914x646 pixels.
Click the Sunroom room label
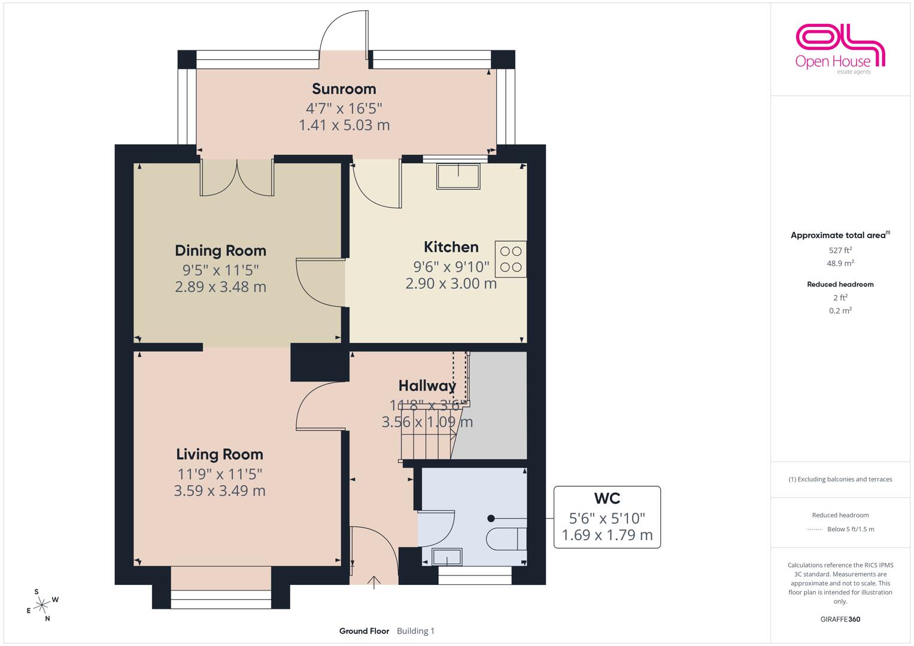(x=344, y=89)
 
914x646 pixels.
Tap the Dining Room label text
(x=220, y=251)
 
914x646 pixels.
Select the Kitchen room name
(x=451, y=246)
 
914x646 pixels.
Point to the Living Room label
(x=220, y=455)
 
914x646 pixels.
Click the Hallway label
(x=427, y=386)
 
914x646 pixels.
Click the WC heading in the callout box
(x=607, y=498)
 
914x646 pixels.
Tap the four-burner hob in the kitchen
(x=511, y=260)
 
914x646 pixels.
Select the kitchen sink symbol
(x=458, y=176)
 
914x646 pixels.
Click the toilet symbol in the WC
(x=506, y=539)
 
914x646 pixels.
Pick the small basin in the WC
(x=447, y=557)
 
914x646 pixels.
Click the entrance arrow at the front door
(x=374, y=583)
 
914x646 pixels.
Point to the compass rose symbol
(x=42, y=605)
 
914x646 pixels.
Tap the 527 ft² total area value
(x=840, y=251)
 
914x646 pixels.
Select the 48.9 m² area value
(x=840, y=263)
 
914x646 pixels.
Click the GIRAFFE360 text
(x=840, y=619)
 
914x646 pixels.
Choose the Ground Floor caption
(x=364, y=631)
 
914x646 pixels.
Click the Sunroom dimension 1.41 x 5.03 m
(x=344, y=125)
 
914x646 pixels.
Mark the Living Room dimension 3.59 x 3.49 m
(x=220, y=490)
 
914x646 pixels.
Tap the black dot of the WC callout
(x=491, y=519)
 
